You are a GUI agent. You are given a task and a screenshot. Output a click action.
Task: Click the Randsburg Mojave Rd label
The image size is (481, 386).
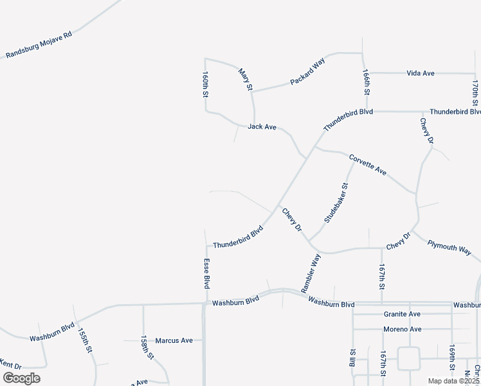(x=39, y=44)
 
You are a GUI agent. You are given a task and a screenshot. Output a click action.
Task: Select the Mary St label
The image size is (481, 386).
(x=244, y=79)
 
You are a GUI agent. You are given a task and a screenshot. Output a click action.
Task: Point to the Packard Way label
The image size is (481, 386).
(x=308, y=71)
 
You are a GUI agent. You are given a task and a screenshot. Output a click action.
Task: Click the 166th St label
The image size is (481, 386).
(x=366, y=83)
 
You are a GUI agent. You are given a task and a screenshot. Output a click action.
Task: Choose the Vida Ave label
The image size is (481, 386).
(x=421, y=73)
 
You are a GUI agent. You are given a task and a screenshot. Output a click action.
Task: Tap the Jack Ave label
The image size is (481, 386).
(x=262, y=127)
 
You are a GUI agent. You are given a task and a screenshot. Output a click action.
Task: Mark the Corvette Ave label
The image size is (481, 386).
(x=368, y=165)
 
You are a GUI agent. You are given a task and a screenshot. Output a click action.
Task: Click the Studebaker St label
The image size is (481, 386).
(x=336, y=203)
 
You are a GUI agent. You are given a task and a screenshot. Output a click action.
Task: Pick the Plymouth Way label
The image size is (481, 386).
(x=450, y=248)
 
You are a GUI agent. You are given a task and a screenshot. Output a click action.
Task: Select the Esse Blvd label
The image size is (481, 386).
(x=206, y=273)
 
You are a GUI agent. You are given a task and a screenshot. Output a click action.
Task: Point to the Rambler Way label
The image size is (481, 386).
(x=311, y=273)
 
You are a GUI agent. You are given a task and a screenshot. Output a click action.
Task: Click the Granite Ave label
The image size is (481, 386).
(x=402, y=314)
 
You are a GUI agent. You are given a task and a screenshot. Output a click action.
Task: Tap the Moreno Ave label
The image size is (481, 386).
(x=402, y=329)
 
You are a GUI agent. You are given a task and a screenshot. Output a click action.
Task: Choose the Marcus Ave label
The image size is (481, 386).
(x=174, y=340)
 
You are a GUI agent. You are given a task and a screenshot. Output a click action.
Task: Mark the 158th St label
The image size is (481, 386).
(x=147, y=347)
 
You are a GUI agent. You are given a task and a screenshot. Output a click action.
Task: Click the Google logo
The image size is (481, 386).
(x=21, y=378)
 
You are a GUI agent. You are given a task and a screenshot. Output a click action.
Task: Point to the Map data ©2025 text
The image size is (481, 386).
(x=454, y=381)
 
